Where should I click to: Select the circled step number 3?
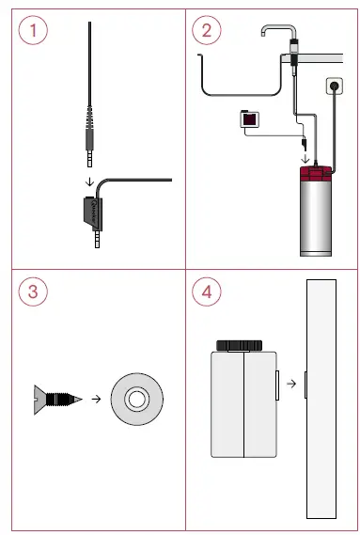[33, 291]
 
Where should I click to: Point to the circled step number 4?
[207, 291]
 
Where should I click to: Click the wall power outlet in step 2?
[334, 87]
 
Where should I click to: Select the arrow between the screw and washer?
[96, 400]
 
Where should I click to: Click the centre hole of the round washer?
[136, 400]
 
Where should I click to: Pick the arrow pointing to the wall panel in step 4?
[293, 383]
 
